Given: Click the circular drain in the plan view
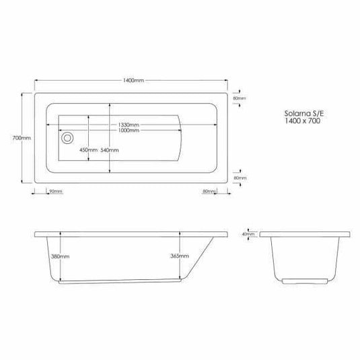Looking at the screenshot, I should [x=67, y=138].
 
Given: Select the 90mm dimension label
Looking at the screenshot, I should [x=56, y=192].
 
